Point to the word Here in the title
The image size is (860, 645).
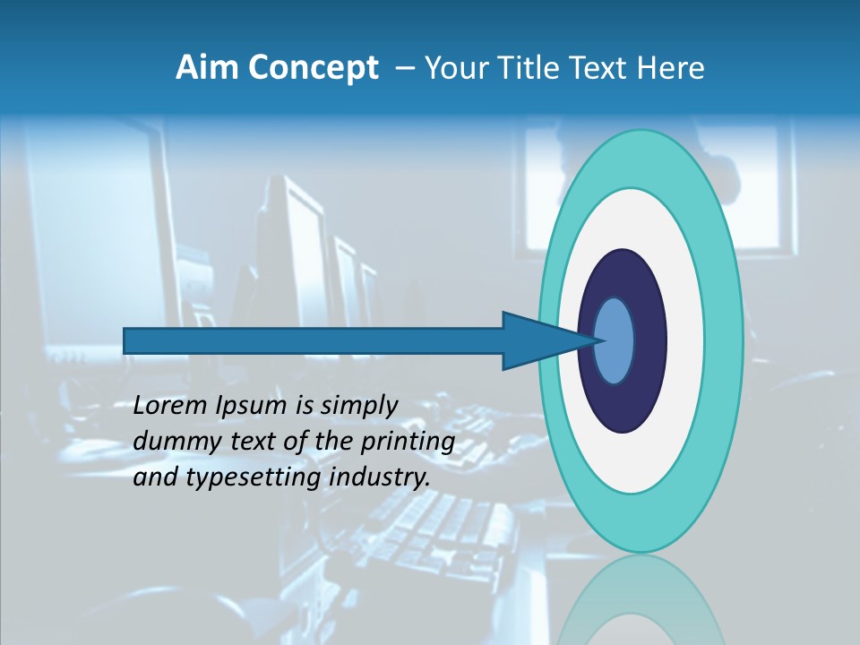click(671, 68)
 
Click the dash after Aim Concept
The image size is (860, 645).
click(403, 69)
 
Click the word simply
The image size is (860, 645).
click(358, 407)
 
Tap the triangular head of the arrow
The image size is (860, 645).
click(537, 340)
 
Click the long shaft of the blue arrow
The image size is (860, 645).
click(314, 340)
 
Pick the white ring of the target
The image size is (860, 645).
click(685, 340)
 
